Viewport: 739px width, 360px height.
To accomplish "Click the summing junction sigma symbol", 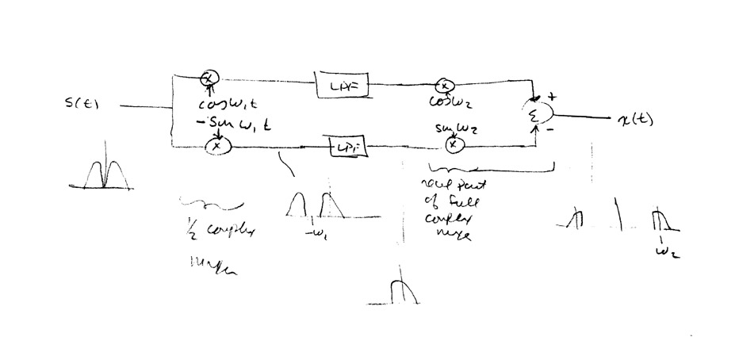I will coord(534,117).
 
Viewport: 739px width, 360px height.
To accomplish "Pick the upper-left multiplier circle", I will coord(209,78).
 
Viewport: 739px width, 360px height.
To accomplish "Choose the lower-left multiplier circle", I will coord(216,146).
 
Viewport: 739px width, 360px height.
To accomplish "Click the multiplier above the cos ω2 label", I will coord(446,86).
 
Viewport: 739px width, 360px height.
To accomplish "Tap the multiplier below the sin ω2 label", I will coord(452,144).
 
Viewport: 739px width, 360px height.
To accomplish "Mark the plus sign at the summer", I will coord(550,96).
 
